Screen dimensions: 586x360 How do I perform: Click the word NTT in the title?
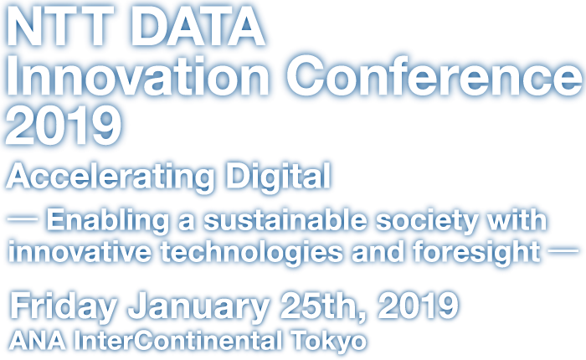point(60,25)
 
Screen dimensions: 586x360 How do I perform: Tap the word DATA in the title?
point(198,25)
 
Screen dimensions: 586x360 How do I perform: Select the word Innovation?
point(137,76)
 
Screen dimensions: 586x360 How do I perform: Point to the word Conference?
point(434,76)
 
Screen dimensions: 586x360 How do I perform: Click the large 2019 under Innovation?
point(64,125)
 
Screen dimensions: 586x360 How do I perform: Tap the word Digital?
point(279,177)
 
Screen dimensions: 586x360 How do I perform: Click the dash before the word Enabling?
point(23,220)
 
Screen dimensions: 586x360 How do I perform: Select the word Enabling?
point(108,221)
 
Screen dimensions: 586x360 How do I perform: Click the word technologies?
point(251,253)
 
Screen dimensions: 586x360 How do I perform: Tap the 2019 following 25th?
point(418,306)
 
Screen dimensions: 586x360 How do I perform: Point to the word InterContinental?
point(177,341)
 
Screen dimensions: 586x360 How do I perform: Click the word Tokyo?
point(329,342)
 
